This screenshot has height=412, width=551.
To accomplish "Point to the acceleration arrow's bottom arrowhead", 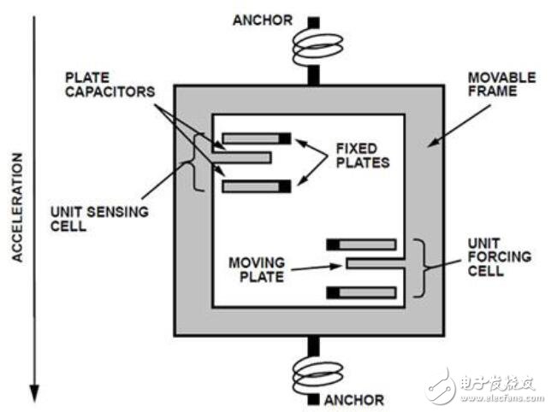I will [x=34, y=392].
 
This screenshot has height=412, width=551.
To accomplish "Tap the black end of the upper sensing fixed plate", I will [x=285, y=138].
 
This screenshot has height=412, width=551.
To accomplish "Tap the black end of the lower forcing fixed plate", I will [x=335, y=293].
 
